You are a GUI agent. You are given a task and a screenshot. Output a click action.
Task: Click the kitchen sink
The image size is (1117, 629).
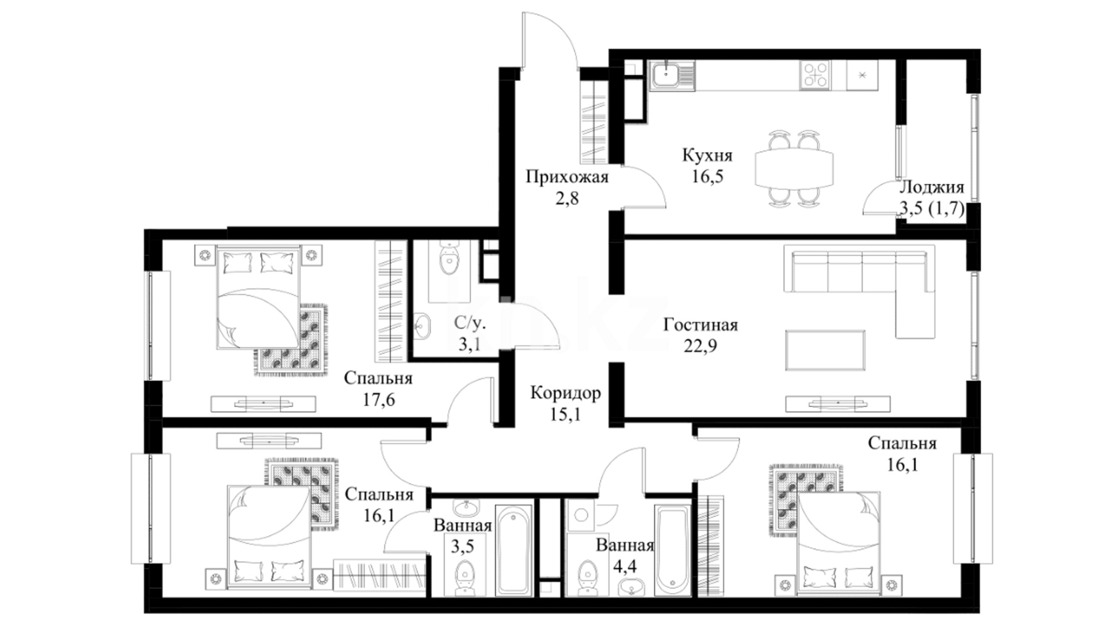(x=673, y=76)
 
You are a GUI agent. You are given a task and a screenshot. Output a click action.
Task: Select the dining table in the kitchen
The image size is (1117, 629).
(x=794, y=169)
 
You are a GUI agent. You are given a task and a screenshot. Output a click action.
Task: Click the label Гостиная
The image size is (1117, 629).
(x=700, y=324)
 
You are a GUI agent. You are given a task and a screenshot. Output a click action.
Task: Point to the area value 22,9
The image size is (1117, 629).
(x=700, y=346)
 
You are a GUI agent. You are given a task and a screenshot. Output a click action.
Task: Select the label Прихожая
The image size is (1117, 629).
(x=567, y=176)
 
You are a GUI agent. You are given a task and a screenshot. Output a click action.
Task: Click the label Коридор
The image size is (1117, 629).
(x=565, y=393)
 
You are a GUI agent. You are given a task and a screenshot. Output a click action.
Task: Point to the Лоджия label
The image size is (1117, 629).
(x=931, y=188)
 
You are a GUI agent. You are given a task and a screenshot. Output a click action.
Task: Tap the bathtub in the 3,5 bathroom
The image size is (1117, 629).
(x=514, y=550)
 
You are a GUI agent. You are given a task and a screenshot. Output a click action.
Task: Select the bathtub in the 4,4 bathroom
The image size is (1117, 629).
(x=672, y=550)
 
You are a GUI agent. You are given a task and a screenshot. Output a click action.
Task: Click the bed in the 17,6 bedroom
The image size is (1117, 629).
(x=258, y=297)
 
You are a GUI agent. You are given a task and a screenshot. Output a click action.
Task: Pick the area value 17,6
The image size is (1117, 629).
(x=378, y=400)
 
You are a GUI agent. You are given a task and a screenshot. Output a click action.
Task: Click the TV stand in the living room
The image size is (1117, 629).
(x=838, y=404)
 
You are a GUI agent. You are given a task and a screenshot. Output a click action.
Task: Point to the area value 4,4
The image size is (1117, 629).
(x=625, y=567)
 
